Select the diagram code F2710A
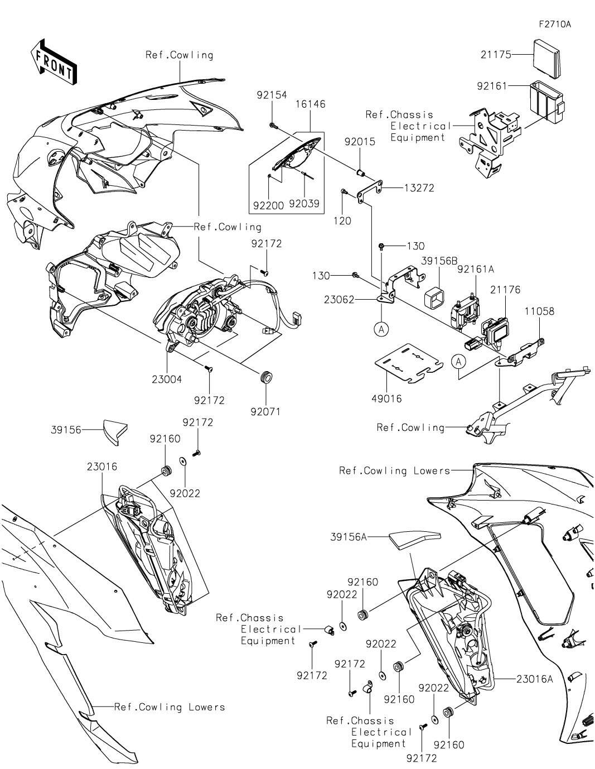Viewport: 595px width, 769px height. tap(555, 25)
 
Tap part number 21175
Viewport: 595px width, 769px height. tap(495, 54)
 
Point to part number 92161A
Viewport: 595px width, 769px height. tap(476, 269)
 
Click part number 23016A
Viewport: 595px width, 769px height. tap(535, 679)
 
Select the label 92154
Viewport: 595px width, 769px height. tap(272, 95)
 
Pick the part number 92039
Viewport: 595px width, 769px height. tap(304, 204)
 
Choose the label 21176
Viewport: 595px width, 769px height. tap(505, 290)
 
